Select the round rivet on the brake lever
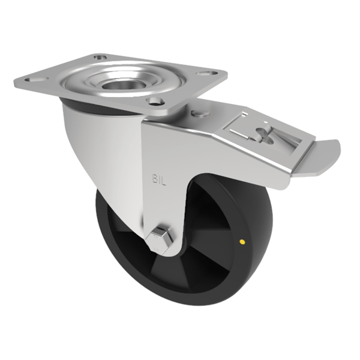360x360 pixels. click(x=199, y=113)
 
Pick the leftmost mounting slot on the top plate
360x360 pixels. click(x=29, y=78)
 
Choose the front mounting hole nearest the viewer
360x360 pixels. click(x=155, y=101)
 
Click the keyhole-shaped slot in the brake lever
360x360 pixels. click(x=264, y=134)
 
